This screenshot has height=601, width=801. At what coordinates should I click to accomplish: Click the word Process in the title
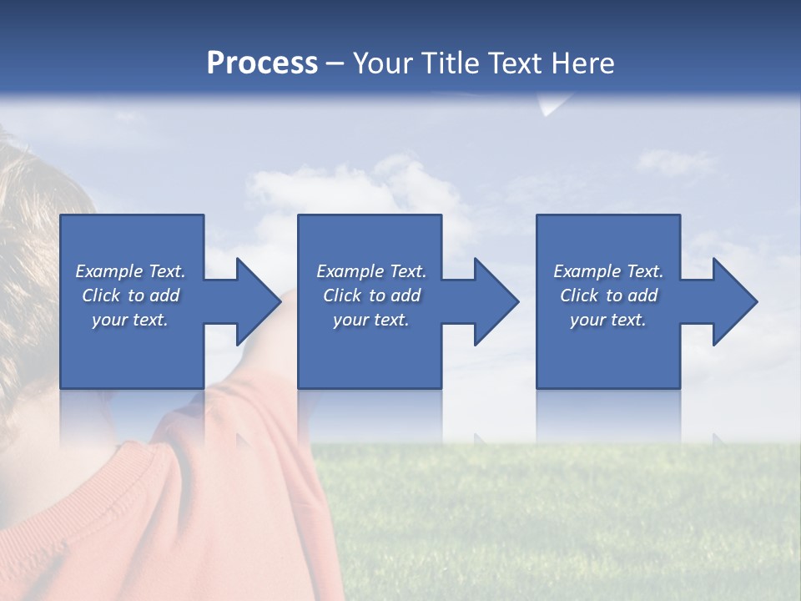click(x=262, y=63)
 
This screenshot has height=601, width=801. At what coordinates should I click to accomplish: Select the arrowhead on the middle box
click(x=495, y=301)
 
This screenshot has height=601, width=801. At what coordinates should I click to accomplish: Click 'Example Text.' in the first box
click(x=130, y=271)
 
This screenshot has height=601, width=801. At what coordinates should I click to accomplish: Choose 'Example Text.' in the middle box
click(x=371, y=271)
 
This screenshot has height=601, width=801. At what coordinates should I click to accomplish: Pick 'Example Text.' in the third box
click(x=608, y=271)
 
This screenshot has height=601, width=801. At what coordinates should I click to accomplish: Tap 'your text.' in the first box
click(x=130, y=320)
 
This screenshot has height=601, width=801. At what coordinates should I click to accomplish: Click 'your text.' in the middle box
click(x=371, y=320)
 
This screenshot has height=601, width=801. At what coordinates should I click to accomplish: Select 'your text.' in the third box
click(x=608, y=320)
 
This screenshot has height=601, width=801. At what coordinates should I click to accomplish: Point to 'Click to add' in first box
click(x=130, y=295)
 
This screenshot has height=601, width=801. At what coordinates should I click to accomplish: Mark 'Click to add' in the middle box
click(x=371, y=295)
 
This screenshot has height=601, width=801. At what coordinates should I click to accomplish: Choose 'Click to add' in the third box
click(x=608, y=295)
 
